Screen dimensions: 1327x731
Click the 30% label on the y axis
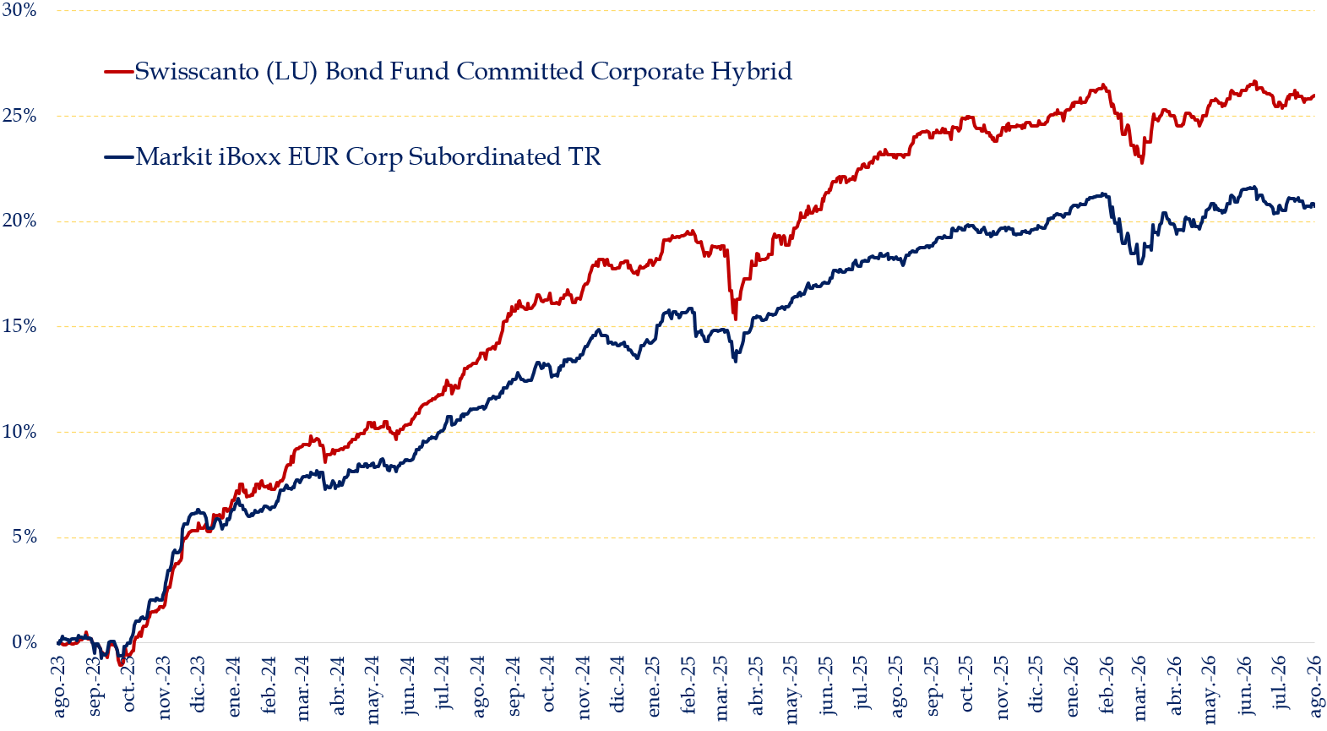[19, 11]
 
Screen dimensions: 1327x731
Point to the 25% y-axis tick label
[19, 117]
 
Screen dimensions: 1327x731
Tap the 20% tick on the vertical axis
[19, 221]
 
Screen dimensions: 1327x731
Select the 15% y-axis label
[19, 327]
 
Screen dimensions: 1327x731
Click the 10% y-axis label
[19, 432]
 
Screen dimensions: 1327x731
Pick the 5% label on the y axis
[24, 537]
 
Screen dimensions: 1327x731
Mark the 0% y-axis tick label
[24, 642]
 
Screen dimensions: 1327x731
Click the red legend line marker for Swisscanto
[118, 72]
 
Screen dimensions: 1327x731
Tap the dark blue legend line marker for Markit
[118, 157]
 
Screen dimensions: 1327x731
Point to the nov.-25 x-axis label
[1003, 687]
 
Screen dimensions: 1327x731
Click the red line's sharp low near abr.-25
[735, 319]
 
